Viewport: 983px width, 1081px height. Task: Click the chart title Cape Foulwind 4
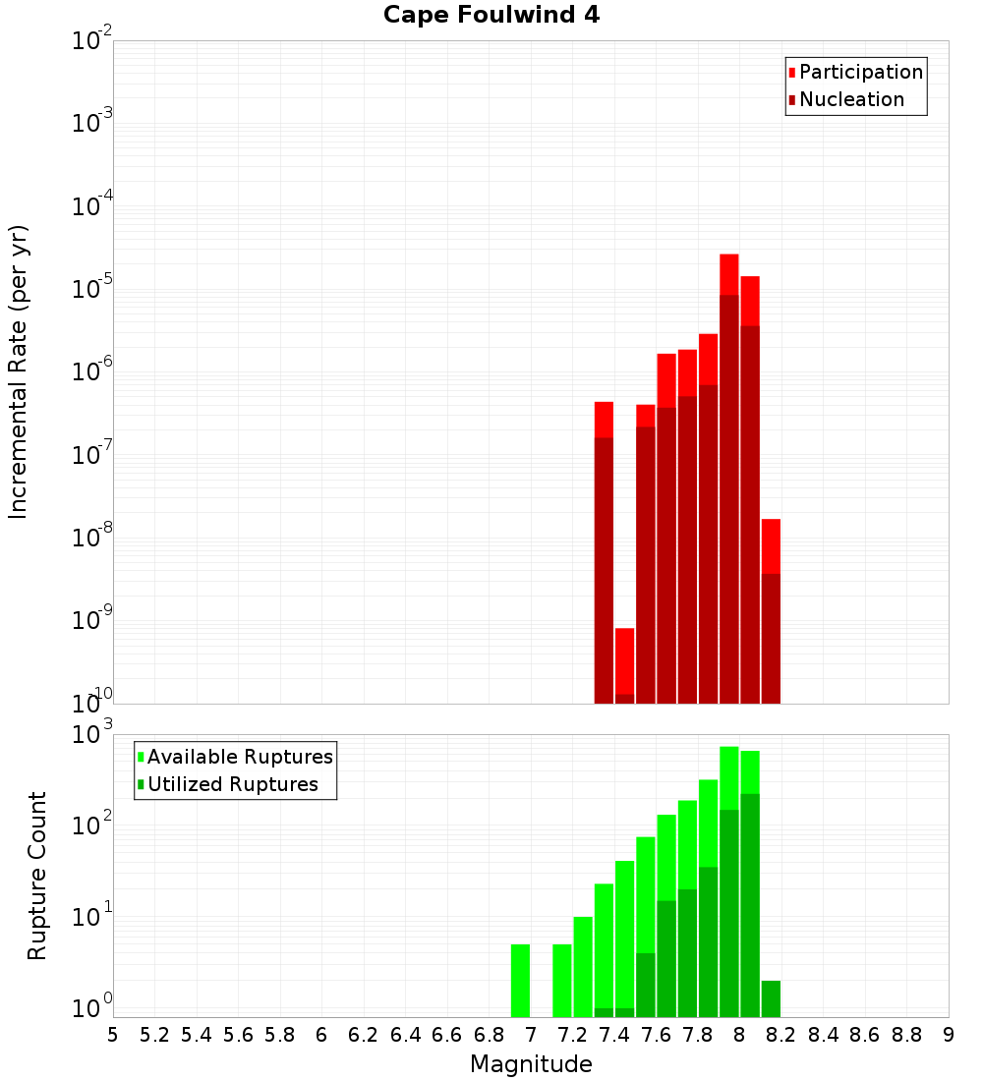pos(491,15)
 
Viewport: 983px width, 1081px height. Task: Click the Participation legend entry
pos(860,72)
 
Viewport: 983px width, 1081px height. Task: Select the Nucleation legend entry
pos(850,99)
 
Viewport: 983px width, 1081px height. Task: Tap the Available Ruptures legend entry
pos(239,757)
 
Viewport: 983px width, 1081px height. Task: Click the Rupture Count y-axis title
pos(37,876)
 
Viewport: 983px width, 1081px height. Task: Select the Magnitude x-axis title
pos(531,1064)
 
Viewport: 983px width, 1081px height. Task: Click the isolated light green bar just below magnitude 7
pos(520,981)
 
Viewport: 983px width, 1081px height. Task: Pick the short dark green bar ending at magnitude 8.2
pos(771,998)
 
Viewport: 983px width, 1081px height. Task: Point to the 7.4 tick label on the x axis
pos(613,1035)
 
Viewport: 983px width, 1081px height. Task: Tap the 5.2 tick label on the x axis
pos(154,1035)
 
